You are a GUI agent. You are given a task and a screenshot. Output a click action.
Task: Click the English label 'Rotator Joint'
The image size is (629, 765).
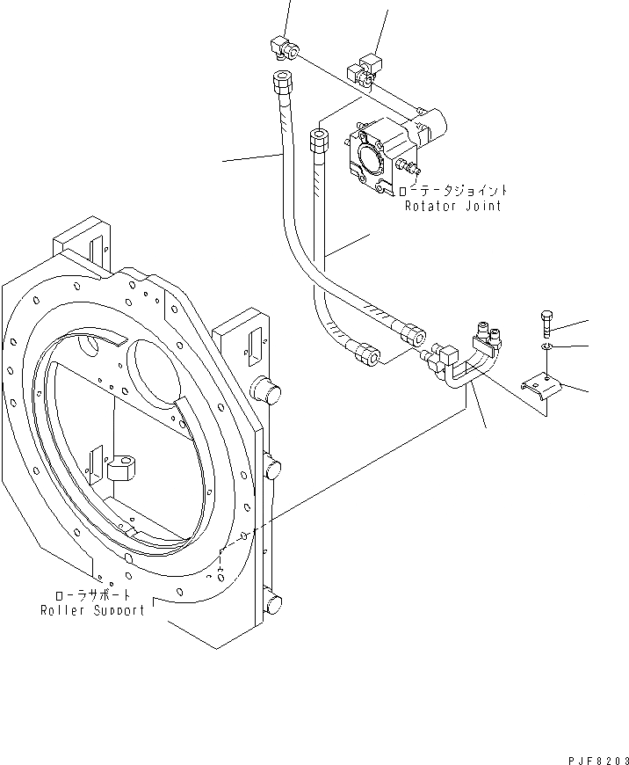[452, 206]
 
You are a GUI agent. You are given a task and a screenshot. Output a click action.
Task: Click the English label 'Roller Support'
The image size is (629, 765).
[92, 609]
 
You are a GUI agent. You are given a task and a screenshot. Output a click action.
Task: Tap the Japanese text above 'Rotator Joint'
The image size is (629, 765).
[452, 190]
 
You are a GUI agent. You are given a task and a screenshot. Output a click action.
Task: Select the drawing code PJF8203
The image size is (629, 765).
[597, 754]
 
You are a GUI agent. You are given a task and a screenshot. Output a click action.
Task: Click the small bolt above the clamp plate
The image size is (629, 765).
[545, 323]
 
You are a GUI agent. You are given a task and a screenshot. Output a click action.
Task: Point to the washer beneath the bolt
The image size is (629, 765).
[546, 349]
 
